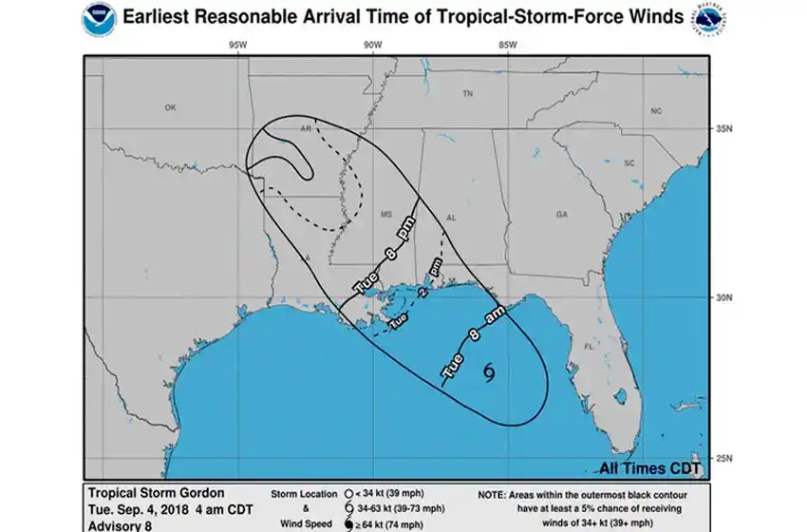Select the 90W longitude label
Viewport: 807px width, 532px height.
(371, 45)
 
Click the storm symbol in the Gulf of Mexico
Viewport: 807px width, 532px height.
(490, 372)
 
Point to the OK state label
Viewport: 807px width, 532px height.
(170, 107)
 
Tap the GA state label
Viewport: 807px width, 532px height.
(561, 215)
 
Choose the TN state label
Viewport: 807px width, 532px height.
(467, 94)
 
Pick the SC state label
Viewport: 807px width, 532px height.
(628, 162)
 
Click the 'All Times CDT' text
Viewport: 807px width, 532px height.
(649, 468)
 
